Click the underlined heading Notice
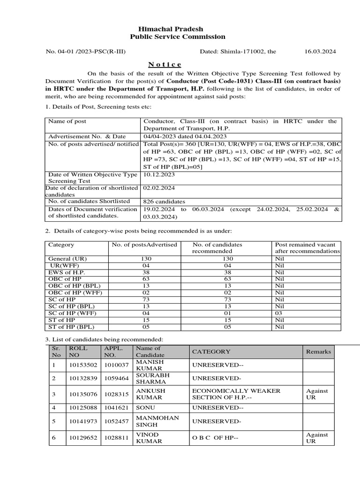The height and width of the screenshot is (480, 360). (165, 64)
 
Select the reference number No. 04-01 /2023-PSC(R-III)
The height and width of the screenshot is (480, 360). (85, 52)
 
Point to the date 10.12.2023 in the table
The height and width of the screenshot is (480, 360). (158, 174)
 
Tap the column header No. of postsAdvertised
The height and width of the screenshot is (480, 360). (144, 245)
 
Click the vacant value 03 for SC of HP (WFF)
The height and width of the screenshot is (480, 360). (279, 313)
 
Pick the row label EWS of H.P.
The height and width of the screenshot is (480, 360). (67, 272)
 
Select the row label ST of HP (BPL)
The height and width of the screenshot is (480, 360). (71, 327)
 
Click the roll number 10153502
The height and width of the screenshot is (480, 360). (83, 365)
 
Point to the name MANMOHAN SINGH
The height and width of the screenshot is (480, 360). (151, 421)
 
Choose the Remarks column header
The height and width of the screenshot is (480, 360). (318, 352)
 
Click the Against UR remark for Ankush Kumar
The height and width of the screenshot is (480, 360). (317, 394)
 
